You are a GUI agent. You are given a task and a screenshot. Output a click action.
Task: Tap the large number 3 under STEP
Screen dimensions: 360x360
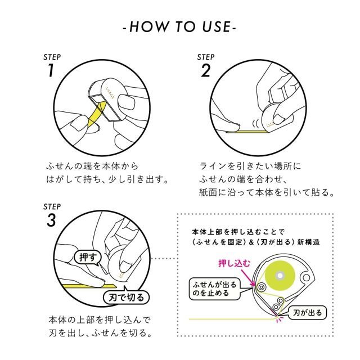51,220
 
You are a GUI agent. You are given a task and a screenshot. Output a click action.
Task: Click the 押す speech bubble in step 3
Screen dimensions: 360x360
87,259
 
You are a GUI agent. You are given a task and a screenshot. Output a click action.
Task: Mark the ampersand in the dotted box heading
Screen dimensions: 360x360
251,241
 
